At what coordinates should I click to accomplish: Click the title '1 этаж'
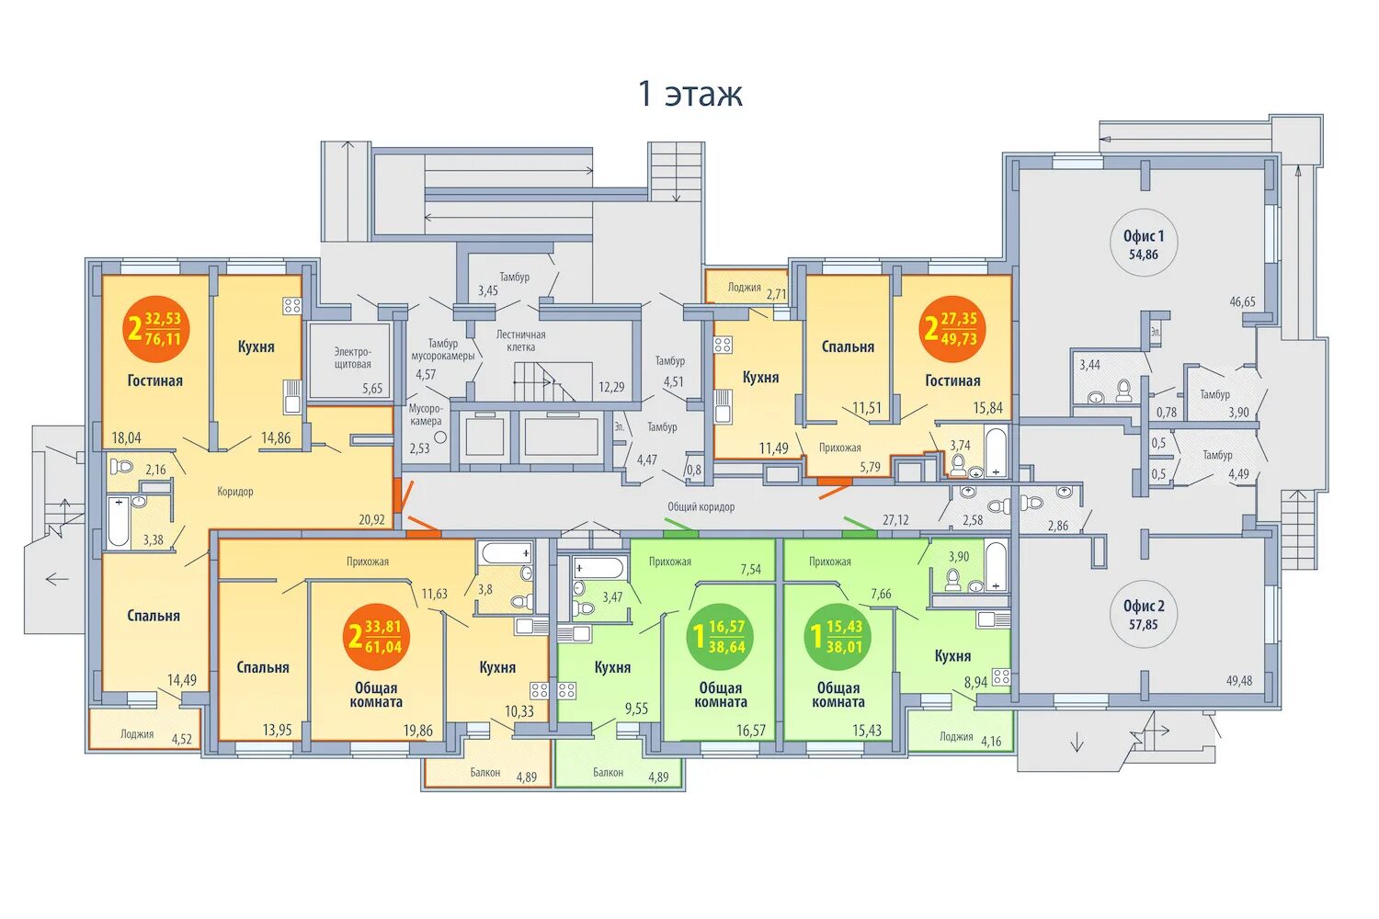click(x=690, y=94)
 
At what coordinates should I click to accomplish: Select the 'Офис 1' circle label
click(x=1144, y=244)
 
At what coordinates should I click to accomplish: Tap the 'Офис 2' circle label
click(x=1144, y=614)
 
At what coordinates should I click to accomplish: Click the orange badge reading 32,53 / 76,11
click(x=155, y=329)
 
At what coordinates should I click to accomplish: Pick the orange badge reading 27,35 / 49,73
click(x=952, y=329)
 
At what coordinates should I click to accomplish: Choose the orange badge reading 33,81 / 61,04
click(x=376, y=637)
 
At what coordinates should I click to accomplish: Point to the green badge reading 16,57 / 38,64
click(x=719, y=637)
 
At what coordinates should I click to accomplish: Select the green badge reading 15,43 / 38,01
click(x=837, y=637)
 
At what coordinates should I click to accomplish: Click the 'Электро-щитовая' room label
click(x=353, y=357)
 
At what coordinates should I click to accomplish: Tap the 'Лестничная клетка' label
click(x=521, y=341)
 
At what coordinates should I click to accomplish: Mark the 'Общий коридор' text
click(x=701, y=507)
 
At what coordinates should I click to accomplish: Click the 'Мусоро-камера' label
click(x=426, y=414)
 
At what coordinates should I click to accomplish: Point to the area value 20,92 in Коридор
click(x=371, y=520)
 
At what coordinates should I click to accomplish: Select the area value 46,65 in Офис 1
click(x=1242, y=301)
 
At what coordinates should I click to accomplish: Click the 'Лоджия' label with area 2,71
click(x=745, y=287)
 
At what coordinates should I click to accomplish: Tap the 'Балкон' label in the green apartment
click(x=609, y=773)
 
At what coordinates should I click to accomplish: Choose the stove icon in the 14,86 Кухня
click(x=292, y=306)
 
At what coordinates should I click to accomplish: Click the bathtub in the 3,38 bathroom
click(x=119, y=522)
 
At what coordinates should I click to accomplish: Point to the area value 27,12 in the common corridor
click(x=895, y=520)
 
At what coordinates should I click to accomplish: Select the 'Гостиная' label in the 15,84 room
click(x=952, y=381)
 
